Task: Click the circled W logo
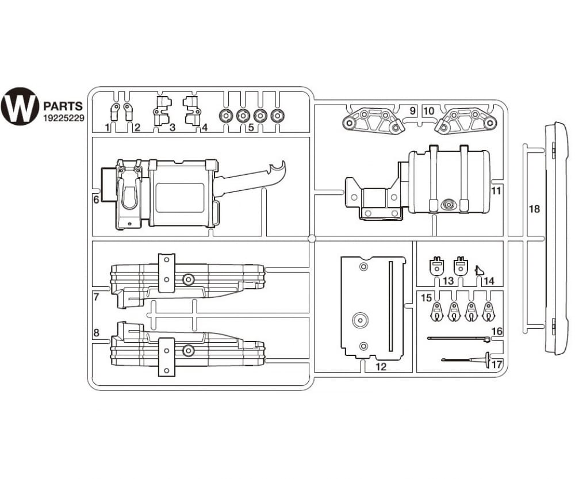coord(20,106)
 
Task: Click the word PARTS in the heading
coord(63,106)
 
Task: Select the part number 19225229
coord(64,118)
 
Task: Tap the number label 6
coord(96,200)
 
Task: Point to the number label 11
coord(496,191)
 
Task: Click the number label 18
coord(534,209)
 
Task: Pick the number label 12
coord(381,366)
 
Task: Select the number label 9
coord(413,110)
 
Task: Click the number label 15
coord(426,297)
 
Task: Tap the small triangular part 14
coord(480,270)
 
